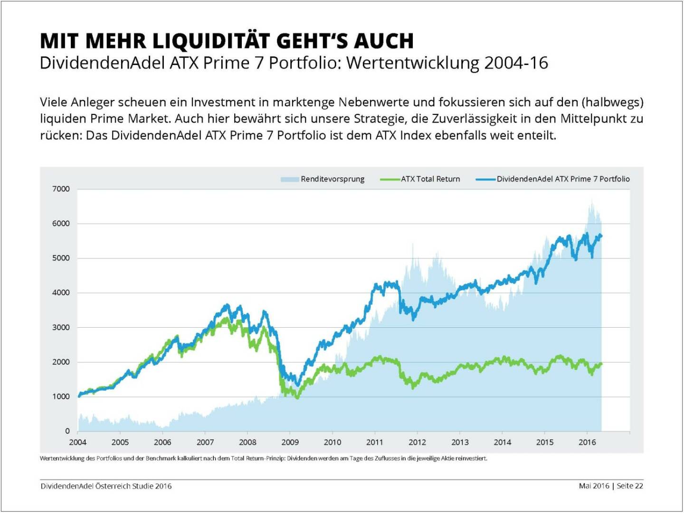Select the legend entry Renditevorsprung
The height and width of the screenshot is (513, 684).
point(332,179)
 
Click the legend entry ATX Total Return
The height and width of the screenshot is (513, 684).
point(430,179)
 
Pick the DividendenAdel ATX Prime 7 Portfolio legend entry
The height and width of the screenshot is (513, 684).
point(563,179)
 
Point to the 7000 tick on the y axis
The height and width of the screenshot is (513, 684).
point(61,189)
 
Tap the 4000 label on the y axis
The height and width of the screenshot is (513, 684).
point(61,293)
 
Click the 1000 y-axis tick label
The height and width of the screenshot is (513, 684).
point(61,397)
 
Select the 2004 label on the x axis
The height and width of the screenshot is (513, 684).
point(78,442)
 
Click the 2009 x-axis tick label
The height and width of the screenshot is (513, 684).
point(290,442)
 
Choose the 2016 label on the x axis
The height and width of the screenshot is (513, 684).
point(587,442)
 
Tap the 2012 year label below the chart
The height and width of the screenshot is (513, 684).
point(417,442)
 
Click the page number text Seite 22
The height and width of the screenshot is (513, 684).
point(630,486)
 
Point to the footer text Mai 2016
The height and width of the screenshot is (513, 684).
point(594,486)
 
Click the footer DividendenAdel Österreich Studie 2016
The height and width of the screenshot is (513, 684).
point(106,486)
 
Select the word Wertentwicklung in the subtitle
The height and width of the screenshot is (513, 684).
point(413,63)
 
